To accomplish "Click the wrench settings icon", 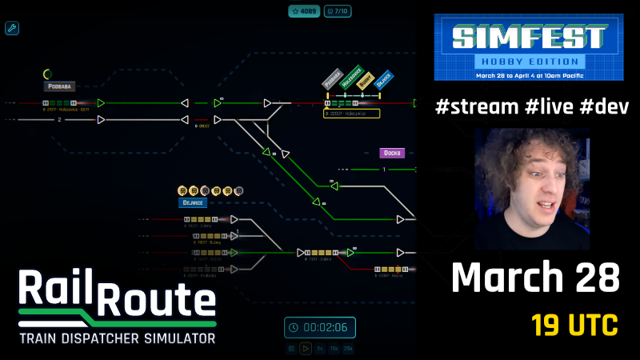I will click(x=12, y=29).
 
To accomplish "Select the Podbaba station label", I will click(x=59, y=86).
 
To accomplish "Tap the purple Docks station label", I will click(x=392, y=153).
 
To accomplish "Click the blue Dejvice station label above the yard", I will click(x=193, y=203).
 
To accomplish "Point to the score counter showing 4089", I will click(x=305, y=11).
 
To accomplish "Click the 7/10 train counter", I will click(x=340, y=11).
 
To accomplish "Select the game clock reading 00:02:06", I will click(x=320, y=327).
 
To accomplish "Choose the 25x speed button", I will click(x=348, y=349).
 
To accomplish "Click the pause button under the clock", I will click(x=292, y=349).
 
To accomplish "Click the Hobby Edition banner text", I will click(x=528, y=61).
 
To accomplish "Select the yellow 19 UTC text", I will click(x=574, y=326).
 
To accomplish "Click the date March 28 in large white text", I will click(x=535, y=278).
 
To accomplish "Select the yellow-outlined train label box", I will click(x=351, y=114).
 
